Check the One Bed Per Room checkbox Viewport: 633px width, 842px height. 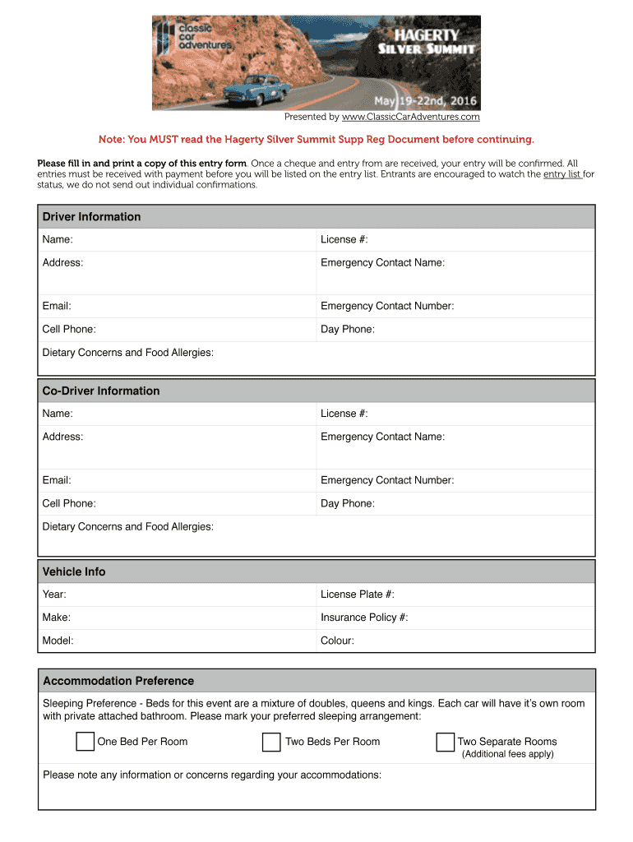tap(85, 742)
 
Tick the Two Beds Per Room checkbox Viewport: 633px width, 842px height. tap(271, 742)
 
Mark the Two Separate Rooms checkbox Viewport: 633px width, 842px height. tap(445, 742)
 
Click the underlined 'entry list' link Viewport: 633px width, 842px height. tap(562, 174)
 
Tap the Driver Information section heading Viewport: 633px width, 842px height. tap(91, 217)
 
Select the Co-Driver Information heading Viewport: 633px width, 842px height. tap(101, 391)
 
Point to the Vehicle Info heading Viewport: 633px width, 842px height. tap(74, 571)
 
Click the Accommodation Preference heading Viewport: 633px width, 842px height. tap(118, 681)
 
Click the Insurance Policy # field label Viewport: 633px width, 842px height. tap(364, 618)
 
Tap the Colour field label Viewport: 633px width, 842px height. tap(337, 641)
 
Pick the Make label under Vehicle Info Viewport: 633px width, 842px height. tap(56, 618)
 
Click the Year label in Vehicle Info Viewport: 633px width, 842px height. tap(54, 594)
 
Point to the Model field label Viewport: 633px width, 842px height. tap(58, 641)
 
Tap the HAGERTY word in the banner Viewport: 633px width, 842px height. tap(427, 35)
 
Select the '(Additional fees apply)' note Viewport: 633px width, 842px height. tap(507, 754)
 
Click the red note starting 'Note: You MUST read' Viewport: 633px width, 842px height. tap(316, 140)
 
